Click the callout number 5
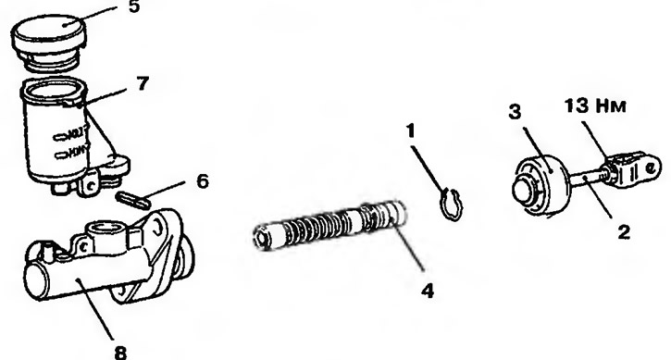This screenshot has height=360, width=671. coord(134,6)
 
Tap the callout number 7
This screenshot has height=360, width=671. coord(143,84)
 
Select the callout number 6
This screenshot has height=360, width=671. coord(203,181)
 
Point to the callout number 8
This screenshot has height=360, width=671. coord(120,353)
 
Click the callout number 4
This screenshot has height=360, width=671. coord(428,292)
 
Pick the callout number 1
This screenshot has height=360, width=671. coord(411,131)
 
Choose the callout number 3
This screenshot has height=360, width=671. coord(515,111)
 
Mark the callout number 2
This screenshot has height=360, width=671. coord(624,232)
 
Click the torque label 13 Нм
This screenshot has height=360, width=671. coord(595,106)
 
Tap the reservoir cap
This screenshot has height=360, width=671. coord(48,42)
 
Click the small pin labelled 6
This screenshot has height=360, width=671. coord(132,200)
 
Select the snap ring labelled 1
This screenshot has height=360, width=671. coord(452,205)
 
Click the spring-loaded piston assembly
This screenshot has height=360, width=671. coord(329,225)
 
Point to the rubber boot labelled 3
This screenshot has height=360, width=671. coord(541,187)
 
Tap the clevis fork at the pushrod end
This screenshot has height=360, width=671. coord(632,169)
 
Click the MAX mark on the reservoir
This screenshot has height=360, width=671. coord(70,133)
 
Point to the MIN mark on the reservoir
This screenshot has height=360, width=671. coord(71,152)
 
